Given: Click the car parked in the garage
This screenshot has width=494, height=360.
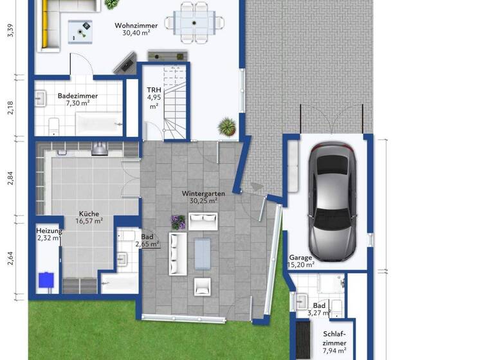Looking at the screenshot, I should point(330,200).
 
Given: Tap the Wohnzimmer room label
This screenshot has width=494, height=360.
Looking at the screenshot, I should point(136,30).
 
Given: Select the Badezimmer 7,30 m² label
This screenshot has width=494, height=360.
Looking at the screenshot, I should point(73,99).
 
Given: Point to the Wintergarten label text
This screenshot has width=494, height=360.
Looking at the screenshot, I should point(203,197).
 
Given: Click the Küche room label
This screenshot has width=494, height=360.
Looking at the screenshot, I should point(89,217).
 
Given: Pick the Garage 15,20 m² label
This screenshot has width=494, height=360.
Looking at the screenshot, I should point(301,261).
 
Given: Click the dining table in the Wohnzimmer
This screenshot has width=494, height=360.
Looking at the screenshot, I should point(194,21).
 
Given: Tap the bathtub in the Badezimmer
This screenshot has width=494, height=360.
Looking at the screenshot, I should point(98,122).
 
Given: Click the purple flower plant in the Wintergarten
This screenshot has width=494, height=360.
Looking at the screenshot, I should point(178,222).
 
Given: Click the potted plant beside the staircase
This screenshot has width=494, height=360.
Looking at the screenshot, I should point(226,125).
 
